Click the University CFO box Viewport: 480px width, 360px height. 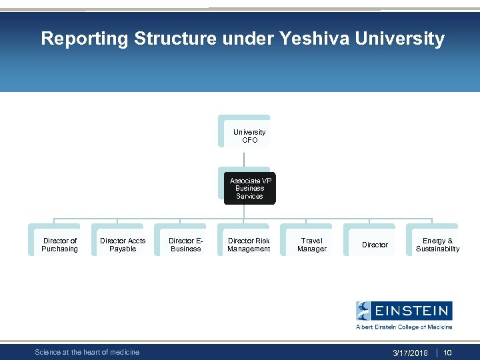[x=249, y=136]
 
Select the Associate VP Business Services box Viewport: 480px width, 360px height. [x=249, y=188]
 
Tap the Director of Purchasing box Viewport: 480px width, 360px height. [x=59, y=245]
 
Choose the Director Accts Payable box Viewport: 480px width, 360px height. [x=123, y=245]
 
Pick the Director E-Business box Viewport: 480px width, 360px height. [x=185, y=245]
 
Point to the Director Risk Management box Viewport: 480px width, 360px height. [x=249, y=245]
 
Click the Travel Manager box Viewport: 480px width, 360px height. [x=311, y=245]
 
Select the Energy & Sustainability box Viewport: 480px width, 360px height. [x=437, y=245]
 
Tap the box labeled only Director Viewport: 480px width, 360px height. [x=375, y=245]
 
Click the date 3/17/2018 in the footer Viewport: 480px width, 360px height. [x=410, y=353]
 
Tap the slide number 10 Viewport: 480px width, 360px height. [x=448, y=353]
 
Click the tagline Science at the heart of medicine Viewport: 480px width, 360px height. [x=87, y=352]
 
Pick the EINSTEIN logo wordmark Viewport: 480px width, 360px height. [x=412, y=311]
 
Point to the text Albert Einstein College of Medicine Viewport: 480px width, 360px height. [x=404, y=327]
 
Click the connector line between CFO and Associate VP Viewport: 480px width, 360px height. [x=245, y=158]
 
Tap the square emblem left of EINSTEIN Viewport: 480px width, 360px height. [x=363, y=311]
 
